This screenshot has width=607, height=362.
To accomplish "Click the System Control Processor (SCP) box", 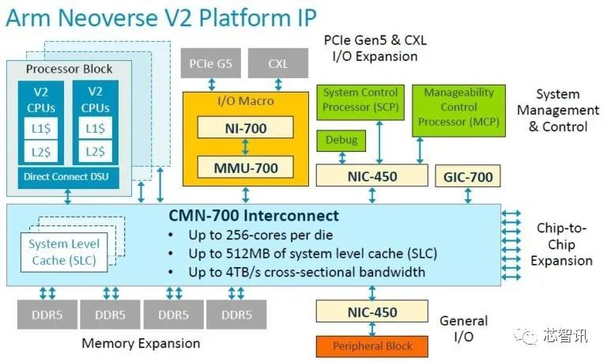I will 361,100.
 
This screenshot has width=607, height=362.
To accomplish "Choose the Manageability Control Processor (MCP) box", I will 458,107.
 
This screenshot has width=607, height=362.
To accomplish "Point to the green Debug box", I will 341,141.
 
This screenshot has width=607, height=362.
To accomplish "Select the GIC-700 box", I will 467,176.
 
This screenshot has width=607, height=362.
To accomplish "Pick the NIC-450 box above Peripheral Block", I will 372,312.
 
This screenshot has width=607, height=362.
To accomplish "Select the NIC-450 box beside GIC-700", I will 371,176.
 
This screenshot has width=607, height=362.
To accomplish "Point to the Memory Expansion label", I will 141,343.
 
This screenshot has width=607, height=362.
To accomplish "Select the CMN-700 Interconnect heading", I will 253,216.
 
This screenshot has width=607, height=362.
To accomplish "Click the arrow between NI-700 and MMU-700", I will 245,146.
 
